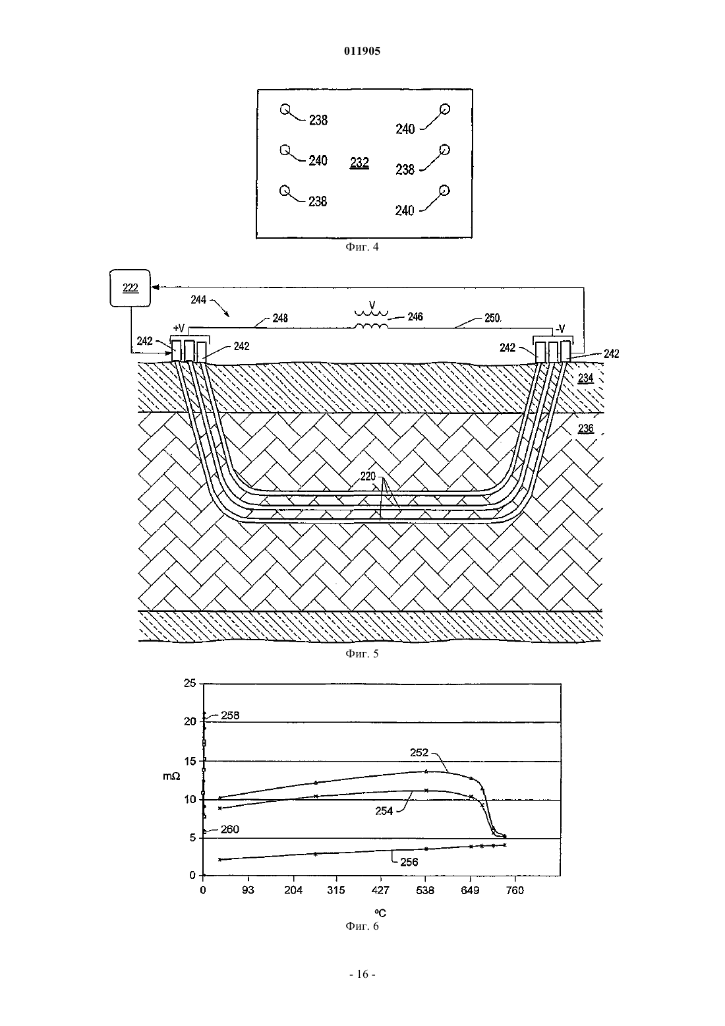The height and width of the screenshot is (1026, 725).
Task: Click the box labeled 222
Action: (130, 287)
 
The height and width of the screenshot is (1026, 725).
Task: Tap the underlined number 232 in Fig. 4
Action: (359, 163)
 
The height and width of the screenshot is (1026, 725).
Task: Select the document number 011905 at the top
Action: (362, 51)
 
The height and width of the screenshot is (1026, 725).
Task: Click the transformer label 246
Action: (415, 317)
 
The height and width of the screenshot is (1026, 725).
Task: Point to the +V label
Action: (179, 328)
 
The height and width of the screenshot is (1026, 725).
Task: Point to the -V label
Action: (560, 329)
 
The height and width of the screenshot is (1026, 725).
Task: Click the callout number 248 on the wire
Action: (280, 318)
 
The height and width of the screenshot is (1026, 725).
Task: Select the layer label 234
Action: (586, 378)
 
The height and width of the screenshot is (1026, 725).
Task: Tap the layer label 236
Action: (586, 428)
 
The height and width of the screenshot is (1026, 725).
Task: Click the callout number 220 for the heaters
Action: (368, 476)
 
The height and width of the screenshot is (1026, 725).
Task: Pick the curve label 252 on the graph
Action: (419, 752)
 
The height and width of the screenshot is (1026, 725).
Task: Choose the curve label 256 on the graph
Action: (409, 862)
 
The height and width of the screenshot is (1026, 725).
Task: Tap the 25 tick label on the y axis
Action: (190, 683)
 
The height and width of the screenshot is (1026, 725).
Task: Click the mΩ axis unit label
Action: (171, 776)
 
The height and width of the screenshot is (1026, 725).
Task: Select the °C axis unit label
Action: (380, 913)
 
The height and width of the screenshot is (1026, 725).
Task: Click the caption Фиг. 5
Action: (362, 653)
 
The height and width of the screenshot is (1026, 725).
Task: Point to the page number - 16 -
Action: (362, 975)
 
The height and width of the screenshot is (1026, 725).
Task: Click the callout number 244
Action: (198, 299)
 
